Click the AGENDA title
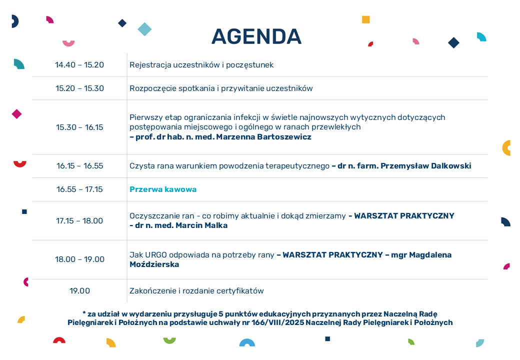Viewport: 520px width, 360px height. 256,36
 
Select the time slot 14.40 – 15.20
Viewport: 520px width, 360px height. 79,64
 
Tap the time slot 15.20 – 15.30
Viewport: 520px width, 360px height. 79,88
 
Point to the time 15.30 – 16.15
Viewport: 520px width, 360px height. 79,127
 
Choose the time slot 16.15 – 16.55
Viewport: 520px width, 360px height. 79,165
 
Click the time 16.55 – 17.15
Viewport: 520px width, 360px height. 79,189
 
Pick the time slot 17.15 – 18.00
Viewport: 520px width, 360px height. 79,221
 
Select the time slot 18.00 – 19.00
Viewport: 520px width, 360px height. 79,259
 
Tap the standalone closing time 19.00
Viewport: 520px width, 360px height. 79,290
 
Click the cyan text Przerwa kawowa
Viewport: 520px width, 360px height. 163,189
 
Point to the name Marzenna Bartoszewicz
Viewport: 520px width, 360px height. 263,137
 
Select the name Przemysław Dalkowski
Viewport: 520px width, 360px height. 426,165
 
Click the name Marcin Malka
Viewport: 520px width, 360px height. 201,225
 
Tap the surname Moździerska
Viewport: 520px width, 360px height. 154,264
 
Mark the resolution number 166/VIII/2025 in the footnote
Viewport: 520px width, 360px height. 278,322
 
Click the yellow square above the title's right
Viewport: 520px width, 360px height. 366,19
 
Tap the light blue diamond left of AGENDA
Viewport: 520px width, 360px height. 144,29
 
